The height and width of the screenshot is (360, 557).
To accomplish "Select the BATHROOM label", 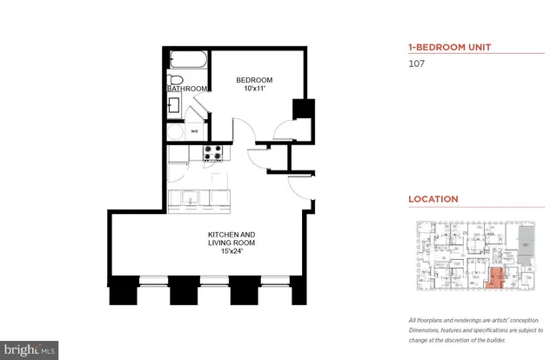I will (x=187, y=89).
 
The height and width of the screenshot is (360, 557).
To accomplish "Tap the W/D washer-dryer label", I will (x=195, y=132).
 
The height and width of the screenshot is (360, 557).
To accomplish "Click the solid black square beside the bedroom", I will (x=304, y=111).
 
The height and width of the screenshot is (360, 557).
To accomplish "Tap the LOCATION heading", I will (x=433, y=199).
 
